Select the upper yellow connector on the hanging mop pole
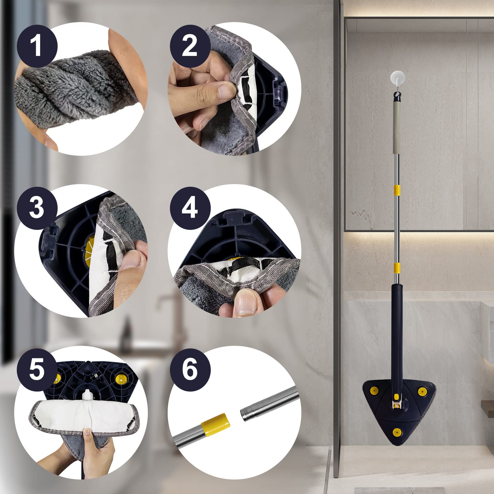pyautogui.click(x=397, y=190)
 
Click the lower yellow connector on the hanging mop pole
pyautogui.click(x=397, y=268)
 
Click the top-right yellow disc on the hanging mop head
pyautogui.click(x=423, y=391)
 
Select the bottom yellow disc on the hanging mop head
pyautogui.click(x=397, y=432)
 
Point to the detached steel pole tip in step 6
pyautogui.click(x=247, y=414)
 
